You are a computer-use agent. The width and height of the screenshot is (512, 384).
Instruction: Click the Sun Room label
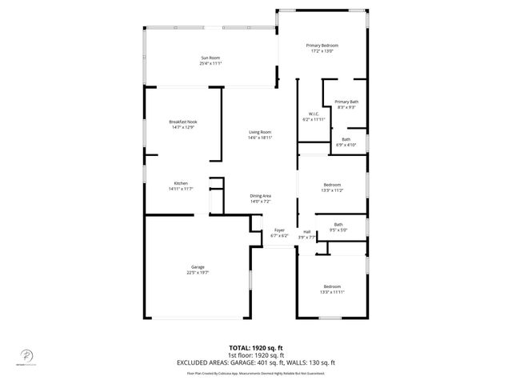[210, 58]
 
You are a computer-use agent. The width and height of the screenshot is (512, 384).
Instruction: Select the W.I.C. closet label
[314, 114]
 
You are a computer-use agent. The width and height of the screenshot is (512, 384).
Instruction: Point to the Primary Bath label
[346, 102]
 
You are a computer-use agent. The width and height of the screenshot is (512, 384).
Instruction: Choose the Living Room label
[260, 132]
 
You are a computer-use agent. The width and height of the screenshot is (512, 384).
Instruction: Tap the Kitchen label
[182, 183]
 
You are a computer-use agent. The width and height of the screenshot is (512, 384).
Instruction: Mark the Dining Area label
[261, 196]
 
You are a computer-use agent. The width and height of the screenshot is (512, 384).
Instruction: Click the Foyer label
[279, 230]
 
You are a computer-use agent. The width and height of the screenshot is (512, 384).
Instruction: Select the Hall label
[306, 231]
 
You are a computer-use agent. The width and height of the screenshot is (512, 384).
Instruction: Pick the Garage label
[198, 266]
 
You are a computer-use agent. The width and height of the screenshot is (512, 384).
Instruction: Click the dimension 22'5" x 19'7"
[198, 272]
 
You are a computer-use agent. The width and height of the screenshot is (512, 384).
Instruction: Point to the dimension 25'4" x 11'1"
[210, 64]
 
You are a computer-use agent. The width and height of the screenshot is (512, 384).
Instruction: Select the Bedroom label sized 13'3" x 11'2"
[331, 185]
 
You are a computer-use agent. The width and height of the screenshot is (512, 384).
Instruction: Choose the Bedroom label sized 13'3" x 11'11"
[331, 286]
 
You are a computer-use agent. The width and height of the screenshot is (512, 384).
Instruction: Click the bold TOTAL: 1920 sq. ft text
[257, 348]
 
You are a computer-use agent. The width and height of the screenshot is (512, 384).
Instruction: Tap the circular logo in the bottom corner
[23, 354]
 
